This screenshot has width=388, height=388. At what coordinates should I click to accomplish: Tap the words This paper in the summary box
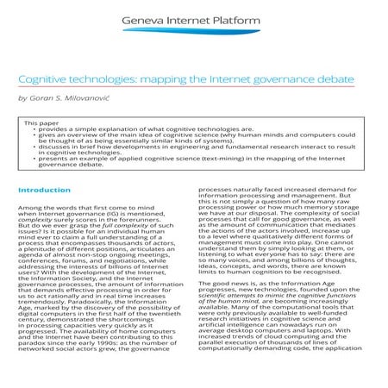[42, 122]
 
